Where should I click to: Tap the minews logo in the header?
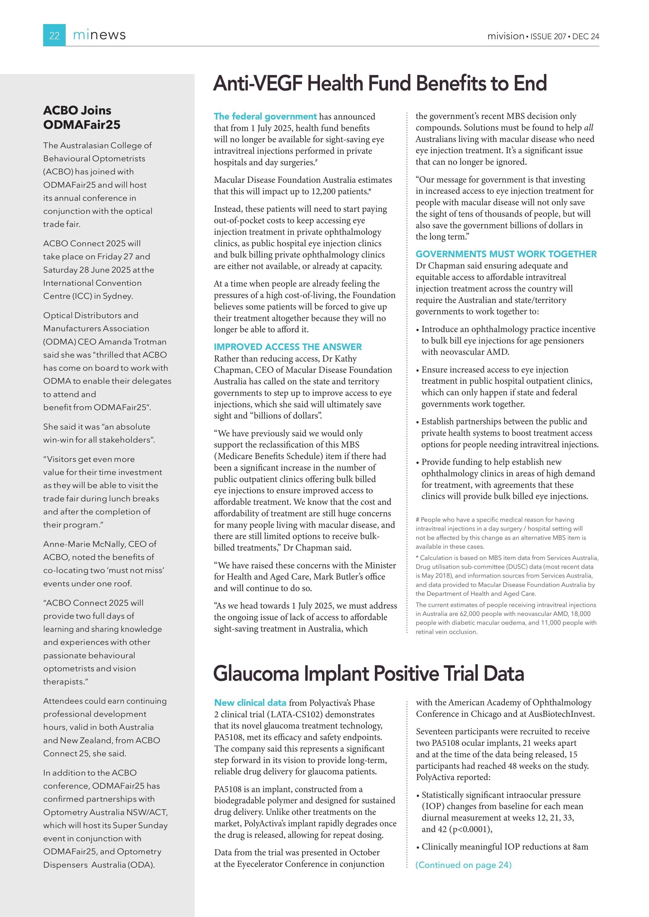[x=99, y=35]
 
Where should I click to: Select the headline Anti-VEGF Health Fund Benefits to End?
[x=380, y=84]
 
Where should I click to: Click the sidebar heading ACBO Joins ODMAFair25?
[x=82, y=117]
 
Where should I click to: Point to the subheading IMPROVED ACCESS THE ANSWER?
[x=288, y=347]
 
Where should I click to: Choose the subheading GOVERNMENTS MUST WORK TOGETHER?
[x=506, y=254]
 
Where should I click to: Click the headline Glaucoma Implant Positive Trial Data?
[x=369, y=673]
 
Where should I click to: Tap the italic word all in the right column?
[x=589, y=128]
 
